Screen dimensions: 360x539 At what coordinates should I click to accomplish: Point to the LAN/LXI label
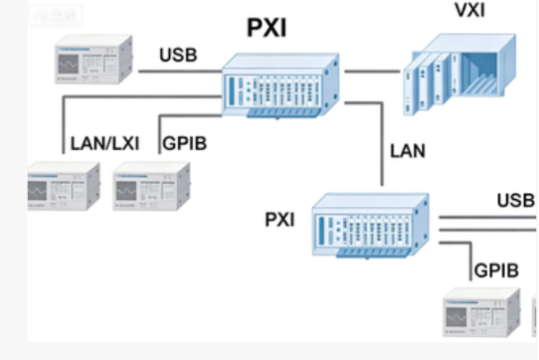click(x=105, y=141)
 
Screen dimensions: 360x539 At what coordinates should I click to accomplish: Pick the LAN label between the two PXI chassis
click(x=407, y=149)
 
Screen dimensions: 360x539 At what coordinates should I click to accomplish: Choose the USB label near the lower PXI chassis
click(x=515, y=199)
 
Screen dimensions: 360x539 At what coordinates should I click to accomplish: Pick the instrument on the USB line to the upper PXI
click(x=93, y=62)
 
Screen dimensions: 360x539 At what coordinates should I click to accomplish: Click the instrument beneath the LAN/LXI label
click(x=63, y=185)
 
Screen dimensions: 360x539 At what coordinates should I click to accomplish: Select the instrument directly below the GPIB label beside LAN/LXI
click(x=150, y=185)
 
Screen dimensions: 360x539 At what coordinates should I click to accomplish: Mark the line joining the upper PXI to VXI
click(x=371, y=69)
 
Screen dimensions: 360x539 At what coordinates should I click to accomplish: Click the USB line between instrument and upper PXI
click(x=178, y=71)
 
